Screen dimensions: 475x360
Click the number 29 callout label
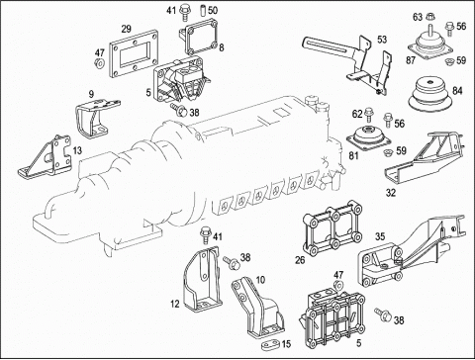[x=126, y=29]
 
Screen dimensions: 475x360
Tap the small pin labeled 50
[x=204, y=10]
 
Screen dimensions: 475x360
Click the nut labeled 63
[x=429, y=16]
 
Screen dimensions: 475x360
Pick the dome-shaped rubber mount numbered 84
[x=428, y=94]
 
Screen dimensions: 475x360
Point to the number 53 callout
[x=382, y=40]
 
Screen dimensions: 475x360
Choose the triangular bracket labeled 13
[x=46, y=156]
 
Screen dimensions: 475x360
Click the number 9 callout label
[x=91, y=94]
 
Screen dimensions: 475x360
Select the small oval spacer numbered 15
[x=271, y=345]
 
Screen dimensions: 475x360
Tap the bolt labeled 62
[x=369, y=116]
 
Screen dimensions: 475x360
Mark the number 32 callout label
[x=391, y=193]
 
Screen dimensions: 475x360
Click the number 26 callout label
[x=300, y=260]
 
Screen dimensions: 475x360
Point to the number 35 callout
[x=380, y=236]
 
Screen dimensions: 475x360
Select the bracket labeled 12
[x=202, y=280]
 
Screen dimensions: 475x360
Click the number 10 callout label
[x=260, y=280]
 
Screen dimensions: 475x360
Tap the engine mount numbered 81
[x=368, y=137]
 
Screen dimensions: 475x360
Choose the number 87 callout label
[x=411, y=60]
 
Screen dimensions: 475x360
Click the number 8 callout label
[x=222, y=47]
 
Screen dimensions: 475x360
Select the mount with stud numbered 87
[x=429, y=44]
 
